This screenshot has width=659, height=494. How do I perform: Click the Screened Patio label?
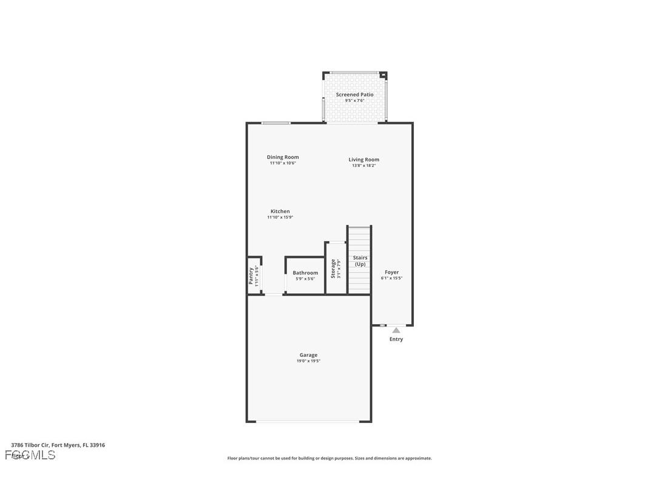pyautogui.click(x=354, y=95)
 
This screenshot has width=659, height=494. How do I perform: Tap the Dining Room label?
pyautogui.click(x=283, y=157)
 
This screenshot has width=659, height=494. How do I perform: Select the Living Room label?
pyautogui.click(x=363, y=160)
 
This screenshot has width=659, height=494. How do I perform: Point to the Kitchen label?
pyautogui.click(x=280, y=211)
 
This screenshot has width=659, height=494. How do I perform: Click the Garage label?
pyautogui.click(x=308, y=355)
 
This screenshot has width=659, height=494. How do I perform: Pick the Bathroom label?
pyautogui.click(x=305, y=273)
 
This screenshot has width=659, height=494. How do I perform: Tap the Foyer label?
pyautogui.click(x=391, y=272)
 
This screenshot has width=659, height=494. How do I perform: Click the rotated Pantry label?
pyautogui.click(x=251, y=276)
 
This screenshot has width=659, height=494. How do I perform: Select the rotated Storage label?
pyautogui.click(x=333, y=269)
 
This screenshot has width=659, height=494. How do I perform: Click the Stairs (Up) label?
pyautogui.click(x=360, y=261)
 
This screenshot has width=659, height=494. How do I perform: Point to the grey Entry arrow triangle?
pyautogui.click(x=396, y=330)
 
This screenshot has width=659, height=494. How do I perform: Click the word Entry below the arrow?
pyautogui.click(x=396, y=339)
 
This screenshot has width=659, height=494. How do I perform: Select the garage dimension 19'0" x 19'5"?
pyautogui.click(x=308, y=361)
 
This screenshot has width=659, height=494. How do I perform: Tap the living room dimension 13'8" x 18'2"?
pyautogui.click(x=363, y=166)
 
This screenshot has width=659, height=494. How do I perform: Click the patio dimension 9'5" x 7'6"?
pyautogui.click(x=354, y=101)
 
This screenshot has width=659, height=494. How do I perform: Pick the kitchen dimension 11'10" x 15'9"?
pyautogui.click(x=280, y=217)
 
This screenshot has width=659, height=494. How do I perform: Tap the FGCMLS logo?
pyautogui.click(x=30, y=455)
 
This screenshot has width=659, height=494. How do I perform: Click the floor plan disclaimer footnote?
pyautogui.click(x=329, y=458)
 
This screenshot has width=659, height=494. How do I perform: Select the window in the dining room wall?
pyautogui.click(x=275, y=123)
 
